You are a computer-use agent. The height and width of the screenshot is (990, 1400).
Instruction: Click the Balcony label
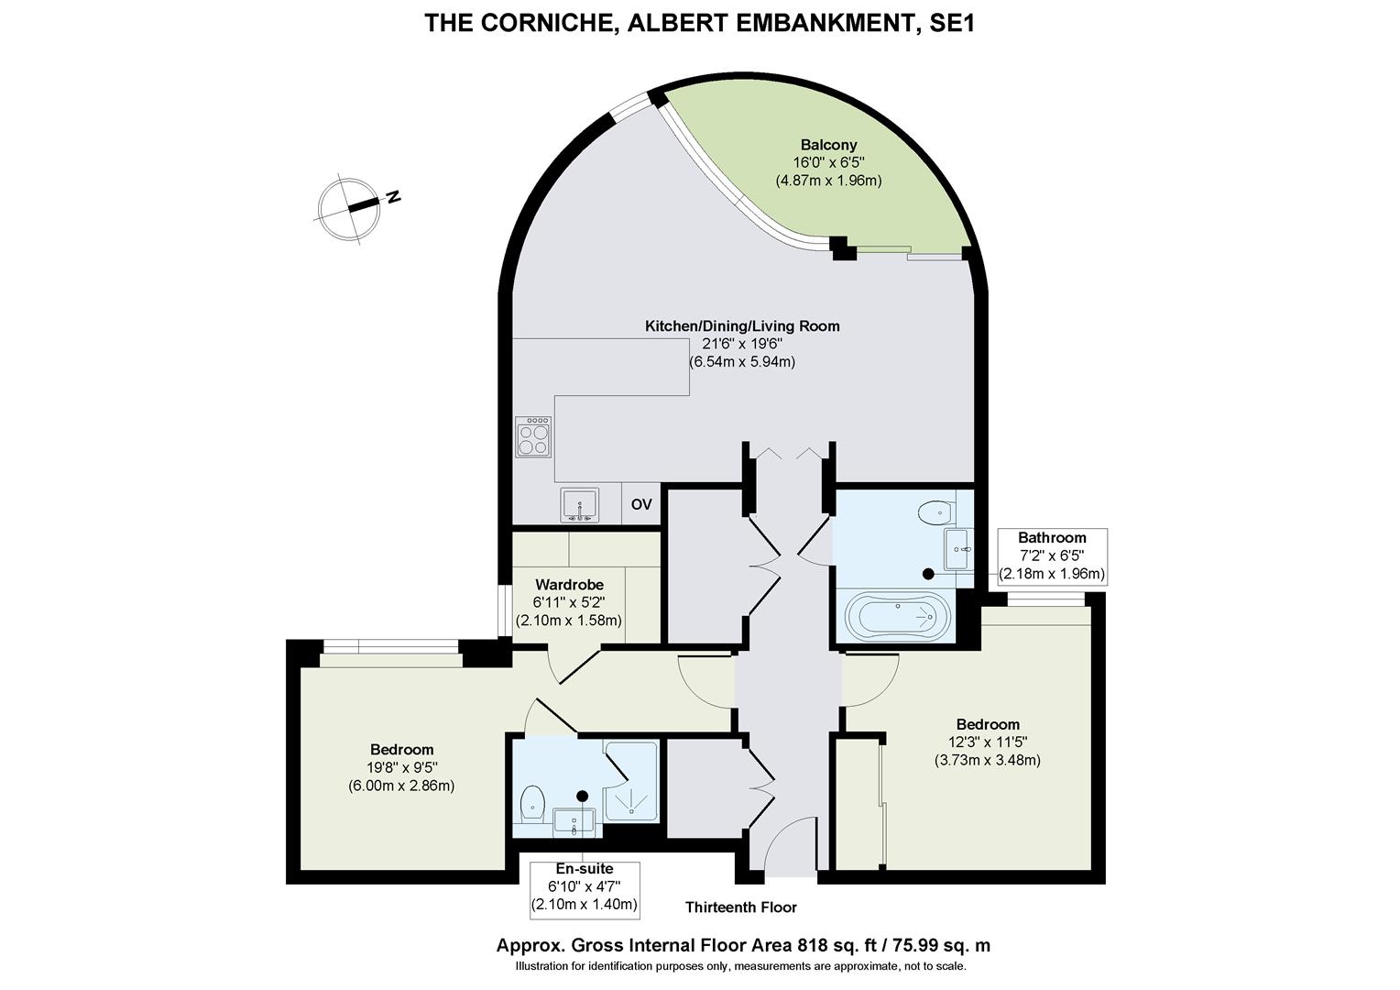tap(829, 145)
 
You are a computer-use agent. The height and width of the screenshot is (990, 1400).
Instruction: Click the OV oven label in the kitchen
tap(641, 504)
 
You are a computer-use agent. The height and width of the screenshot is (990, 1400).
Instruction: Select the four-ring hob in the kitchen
tap(534, 436)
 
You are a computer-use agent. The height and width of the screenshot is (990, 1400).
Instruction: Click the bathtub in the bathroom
tap(898, 615)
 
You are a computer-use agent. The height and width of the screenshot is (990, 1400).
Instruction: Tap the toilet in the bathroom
tap(936, 513)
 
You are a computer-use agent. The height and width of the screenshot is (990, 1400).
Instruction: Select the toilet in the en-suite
tap(532, 804)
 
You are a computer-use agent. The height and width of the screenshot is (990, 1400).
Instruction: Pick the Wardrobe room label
tap(569, 585)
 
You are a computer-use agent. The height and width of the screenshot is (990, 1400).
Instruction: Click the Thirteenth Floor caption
tap(740, 907)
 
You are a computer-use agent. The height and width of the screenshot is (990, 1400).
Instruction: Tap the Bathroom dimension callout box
tap(1052, 556)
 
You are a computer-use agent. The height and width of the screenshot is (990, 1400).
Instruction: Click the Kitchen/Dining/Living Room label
tap(742, 325)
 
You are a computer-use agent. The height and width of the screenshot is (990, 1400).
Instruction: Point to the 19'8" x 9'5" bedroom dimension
tap(401, 767)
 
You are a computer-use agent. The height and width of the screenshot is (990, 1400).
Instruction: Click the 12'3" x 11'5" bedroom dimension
tap(988, 742)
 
